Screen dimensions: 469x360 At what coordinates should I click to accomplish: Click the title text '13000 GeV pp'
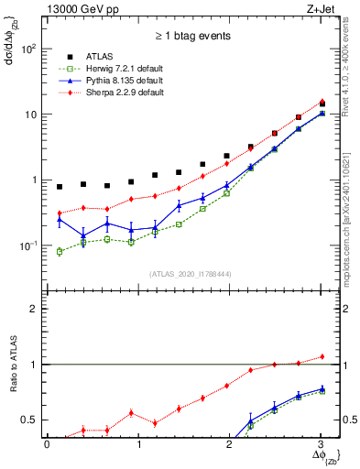pyautogui.click(x=80, y=10)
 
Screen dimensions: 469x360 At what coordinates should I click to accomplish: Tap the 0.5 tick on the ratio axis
pyautogui.click(x=30, y=420)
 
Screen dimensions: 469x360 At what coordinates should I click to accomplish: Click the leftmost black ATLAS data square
pyautogui.click(x=60, y=187)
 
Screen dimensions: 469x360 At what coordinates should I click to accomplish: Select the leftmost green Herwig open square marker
pyautogui.click(x=60, y=251)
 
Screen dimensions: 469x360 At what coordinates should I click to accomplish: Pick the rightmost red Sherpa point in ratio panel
pyautogui.click(x=322, y=356)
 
